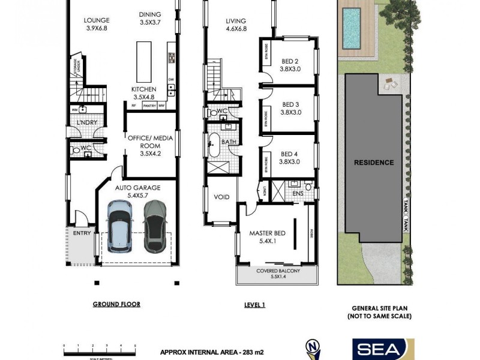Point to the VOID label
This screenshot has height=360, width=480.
tap(221, 196)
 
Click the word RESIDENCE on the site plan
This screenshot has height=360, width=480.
tap(373, 163)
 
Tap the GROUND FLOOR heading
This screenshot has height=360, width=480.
tap(116, 304)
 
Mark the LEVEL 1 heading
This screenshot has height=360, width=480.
tap(254, 305)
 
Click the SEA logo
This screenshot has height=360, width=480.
tap(379, 349)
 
